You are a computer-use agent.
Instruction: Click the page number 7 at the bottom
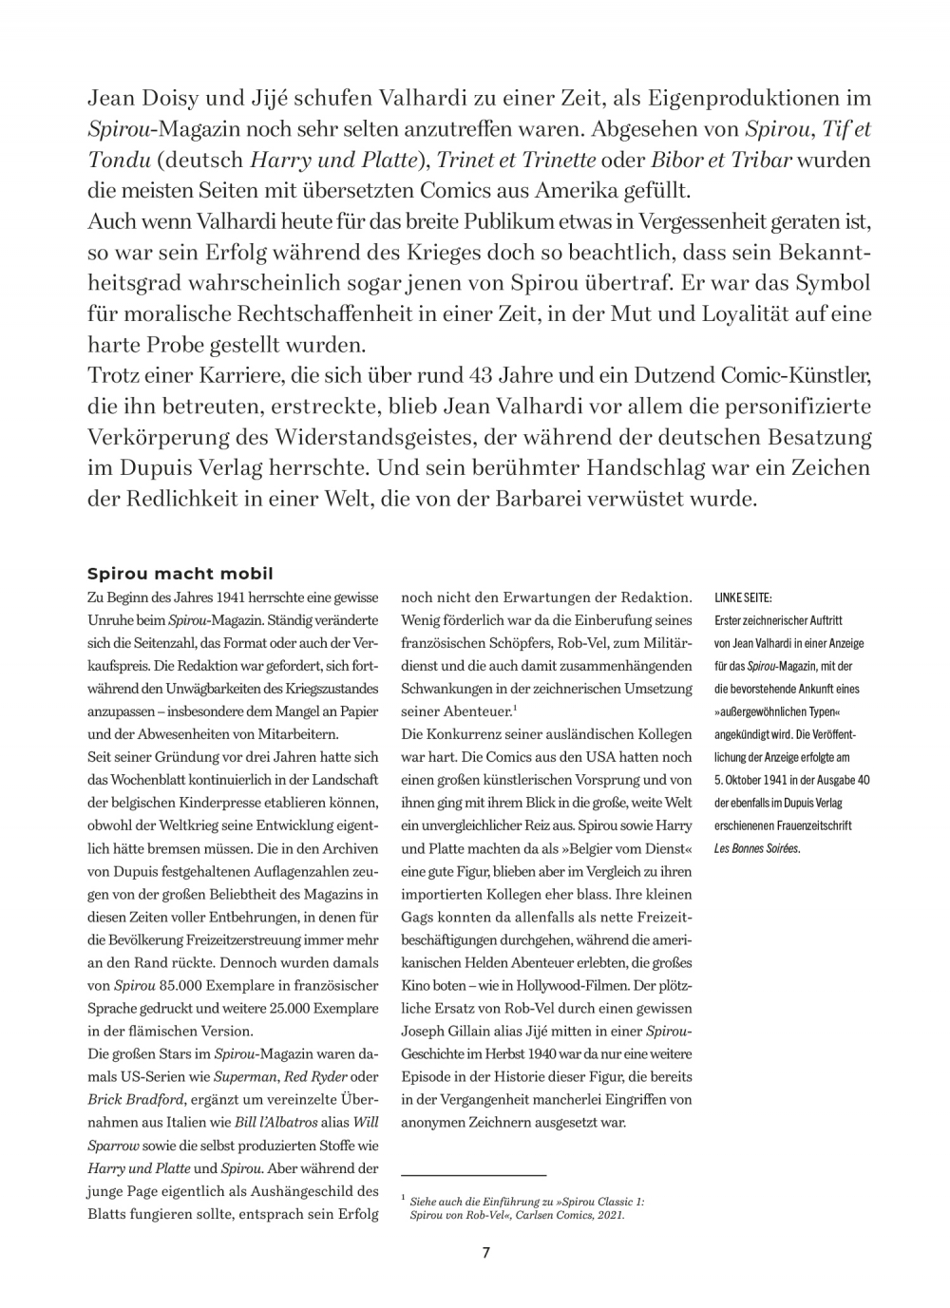pyautogui.click(x=485, y=1252)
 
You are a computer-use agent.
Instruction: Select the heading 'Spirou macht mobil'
pyautogui.click(x=180, y=574)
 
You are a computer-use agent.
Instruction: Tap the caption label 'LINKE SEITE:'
pyautogui.click(x=743, y=598)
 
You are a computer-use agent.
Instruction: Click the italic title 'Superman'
pyautogui.click(x=244, y=1076)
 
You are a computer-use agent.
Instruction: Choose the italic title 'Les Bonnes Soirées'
pyautogui.click(x=756, y=848)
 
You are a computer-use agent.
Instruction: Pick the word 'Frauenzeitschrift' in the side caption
pyautogui.click(x=813, y=825)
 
